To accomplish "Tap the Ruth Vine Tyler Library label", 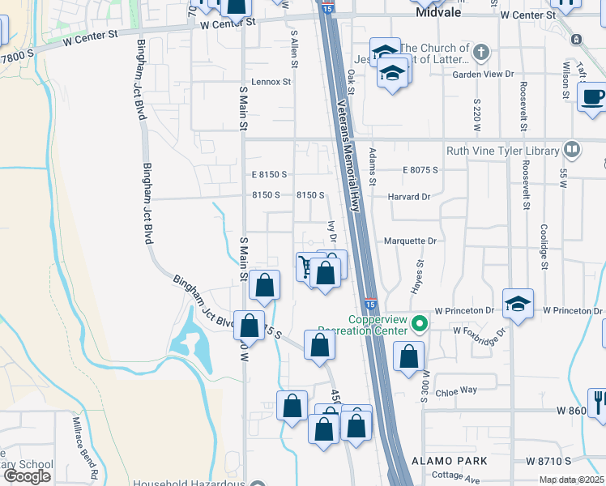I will [x=502, y=151].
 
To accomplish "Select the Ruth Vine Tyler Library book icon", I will [x=572, y=150].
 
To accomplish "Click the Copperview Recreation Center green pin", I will [x=419, y=326].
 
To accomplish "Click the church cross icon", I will [x=482, y=53].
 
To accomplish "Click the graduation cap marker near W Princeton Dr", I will [x=518, y=305].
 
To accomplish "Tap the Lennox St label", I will [x=271, y=82].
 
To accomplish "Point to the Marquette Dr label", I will [x=410, y=241].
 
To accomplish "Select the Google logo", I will [x=27, y=476].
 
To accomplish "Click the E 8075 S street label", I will [x=420, y=170].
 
